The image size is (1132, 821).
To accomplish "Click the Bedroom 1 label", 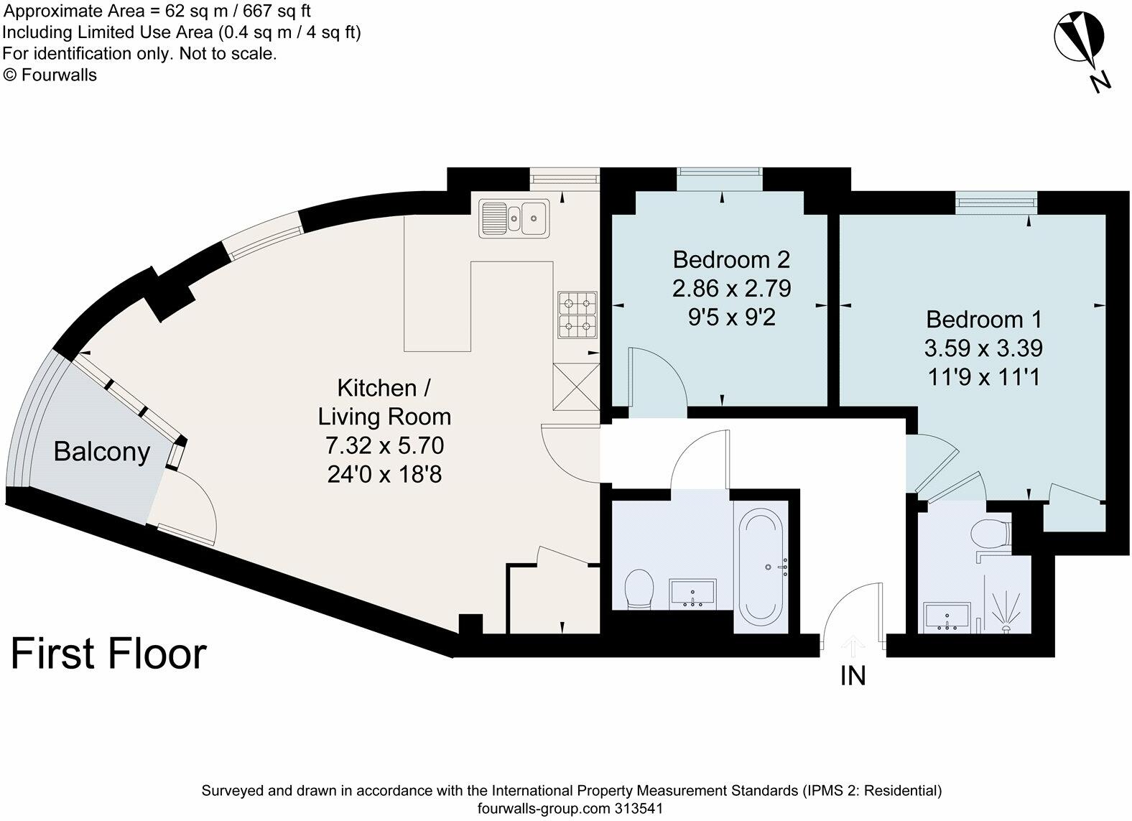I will coord(983,319).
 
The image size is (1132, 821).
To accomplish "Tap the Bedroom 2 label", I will coord(731,259).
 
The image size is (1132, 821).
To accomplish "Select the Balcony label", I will coord(101,452).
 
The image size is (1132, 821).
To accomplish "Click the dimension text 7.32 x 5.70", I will coord(384,445).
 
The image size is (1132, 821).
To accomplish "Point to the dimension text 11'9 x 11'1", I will coord(983,377).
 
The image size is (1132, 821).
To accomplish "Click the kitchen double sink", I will coord(514,217).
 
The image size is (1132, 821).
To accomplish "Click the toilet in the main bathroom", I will coord(639,589).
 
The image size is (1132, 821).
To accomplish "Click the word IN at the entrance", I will coord(853,676).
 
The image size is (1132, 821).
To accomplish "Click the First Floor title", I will coord(108,654).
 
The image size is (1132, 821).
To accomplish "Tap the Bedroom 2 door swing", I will coord(657,379).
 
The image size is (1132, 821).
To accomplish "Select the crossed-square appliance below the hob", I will coord(575,386).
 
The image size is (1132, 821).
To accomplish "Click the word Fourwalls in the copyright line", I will coord(59,75).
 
